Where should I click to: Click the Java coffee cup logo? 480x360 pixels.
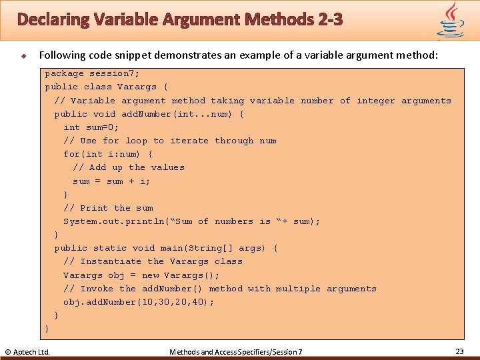click(451, 20)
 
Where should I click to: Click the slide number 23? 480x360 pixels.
click(459, 351)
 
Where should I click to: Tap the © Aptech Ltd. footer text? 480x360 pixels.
click(27, 351)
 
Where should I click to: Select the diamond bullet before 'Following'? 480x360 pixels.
click(22, 55)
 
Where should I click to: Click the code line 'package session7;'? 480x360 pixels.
click(92, 73)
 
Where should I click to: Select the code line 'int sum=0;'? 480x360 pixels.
click(91, 127)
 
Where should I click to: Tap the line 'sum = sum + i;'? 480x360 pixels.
click(111, 181)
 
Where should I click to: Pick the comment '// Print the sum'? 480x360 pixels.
click(108, 208)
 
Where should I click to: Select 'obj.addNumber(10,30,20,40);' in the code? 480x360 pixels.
click(139, 302)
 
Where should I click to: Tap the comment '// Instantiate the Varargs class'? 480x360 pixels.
click(153, 261)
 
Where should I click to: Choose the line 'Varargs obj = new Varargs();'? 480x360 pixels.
click(141, 275)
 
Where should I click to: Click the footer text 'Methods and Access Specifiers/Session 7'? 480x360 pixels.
click(236, 351)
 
